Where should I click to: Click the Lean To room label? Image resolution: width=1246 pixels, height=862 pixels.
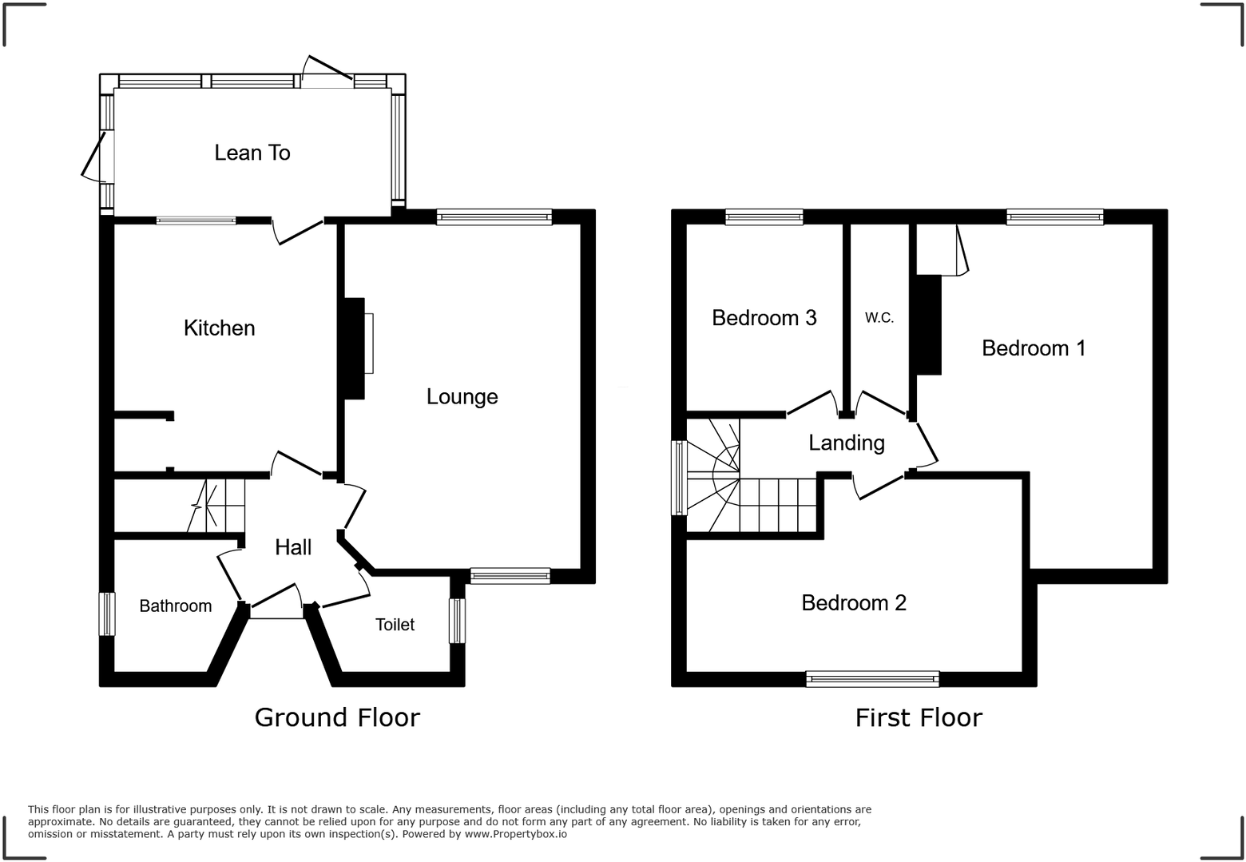(x=252, y=153)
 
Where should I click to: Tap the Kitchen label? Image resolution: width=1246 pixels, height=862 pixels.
(x=219, y=328)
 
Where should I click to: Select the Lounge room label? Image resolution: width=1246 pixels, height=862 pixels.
(x=462, y=396)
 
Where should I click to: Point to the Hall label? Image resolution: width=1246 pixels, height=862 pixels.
(x=293, y=547)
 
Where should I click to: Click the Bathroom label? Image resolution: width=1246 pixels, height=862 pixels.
(x=175, y=606)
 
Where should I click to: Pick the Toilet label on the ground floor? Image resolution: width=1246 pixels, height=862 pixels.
(x=395, y=625)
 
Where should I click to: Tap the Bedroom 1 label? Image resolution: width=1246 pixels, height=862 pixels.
(x=1034, y=348)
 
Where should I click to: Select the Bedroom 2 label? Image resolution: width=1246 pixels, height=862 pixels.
(x=854, y=602)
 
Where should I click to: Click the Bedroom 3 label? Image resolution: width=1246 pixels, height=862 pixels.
(x=764, y=318)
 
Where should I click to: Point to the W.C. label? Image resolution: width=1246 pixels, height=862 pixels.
(x=879, y=318)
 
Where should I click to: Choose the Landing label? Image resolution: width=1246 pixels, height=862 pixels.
(x=847, y=443)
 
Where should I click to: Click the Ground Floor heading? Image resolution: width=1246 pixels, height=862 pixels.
(x=336, y=717)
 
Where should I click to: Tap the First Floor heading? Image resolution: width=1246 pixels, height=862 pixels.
(x=919, y=717)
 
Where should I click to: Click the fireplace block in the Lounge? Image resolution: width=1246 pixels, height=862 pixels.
(x=354, y=348)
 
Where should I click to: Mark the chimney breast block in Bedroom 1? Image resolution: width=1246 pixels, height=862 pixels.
(x=928, y=324)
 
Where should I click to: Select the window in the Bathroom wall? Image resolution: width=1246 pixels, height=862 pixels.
(x=106, y=614)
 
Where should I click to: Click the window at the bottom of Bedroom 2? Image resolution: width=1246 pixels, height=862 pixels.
(x=872, y=679)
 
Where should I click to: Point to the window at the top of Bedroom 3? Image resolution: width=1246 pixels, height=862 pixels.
(x=764, y=216)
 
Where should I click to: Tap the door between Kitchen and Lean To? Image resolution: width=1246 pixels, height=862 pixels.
(x=299, y=229)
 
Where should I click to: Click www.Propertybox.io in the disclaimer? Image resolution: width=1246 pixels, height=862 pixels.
(x=516, y=834)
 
